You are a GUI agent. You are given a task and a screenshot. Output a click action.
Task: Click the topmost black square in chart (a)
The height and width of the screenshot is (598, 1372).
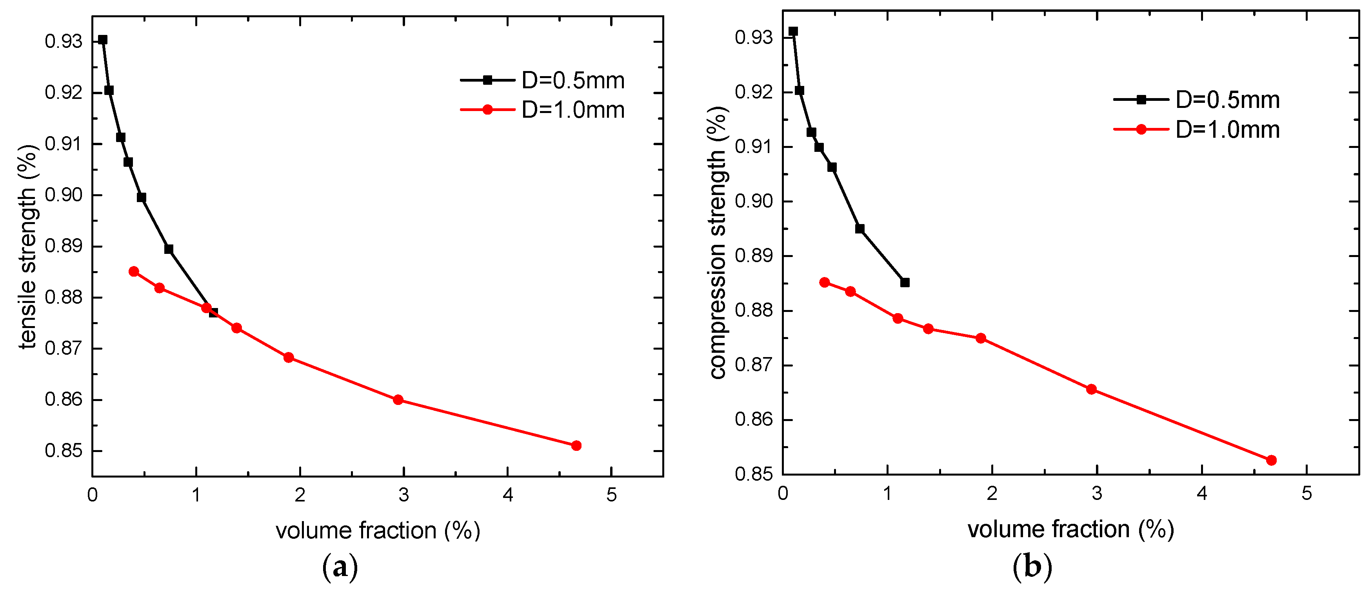[103, 40]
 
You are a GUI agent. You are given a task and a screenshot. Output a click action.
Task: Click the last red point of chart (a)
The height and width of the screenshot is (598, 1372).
[576, 446]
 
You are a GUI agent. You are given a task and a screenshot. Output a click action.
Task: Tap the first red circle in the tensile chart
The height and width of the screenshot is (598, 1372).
[134, 271]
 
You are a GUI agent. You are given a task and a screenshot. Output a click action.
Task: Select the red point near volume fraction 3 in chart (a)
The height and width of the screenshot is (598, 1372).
[398, 400]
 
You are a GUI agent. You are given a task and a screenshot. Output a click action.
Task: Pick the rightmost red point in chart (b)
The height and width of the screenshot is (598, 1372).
[1271, 460]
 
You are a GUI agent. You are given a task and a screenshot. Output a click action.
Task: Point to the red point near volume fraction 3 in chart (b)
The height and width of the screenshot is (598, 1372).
[1091, 389]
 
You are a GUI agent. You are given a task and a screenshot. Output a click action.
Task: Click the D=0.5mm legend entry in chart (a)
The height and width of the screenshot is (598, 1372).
[543, 80]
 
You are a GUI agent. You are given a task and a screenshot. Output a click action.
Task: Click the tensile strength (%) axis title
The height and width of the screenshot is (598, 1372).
[28, 246]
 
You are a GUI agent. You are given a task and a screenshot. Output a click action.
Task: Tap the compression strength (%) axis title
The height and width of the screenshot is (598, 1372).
[718, 242]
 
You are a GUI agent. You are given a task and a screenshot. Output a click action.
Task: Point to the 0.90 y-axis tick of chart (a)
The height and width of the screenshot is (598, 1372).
[64, 195]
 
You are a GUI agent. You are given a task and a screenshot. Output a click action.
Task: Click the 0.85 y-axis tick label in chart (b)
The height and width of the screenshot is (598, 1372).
[754, 474]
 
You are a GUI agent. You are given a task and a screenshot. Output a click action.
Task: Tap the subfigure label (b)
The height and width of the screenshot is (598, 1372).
[1032, 566]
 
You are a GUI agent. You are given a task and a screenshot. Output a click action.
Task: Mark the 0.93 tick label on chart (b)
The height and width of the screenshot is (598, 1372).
[754, 38]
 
